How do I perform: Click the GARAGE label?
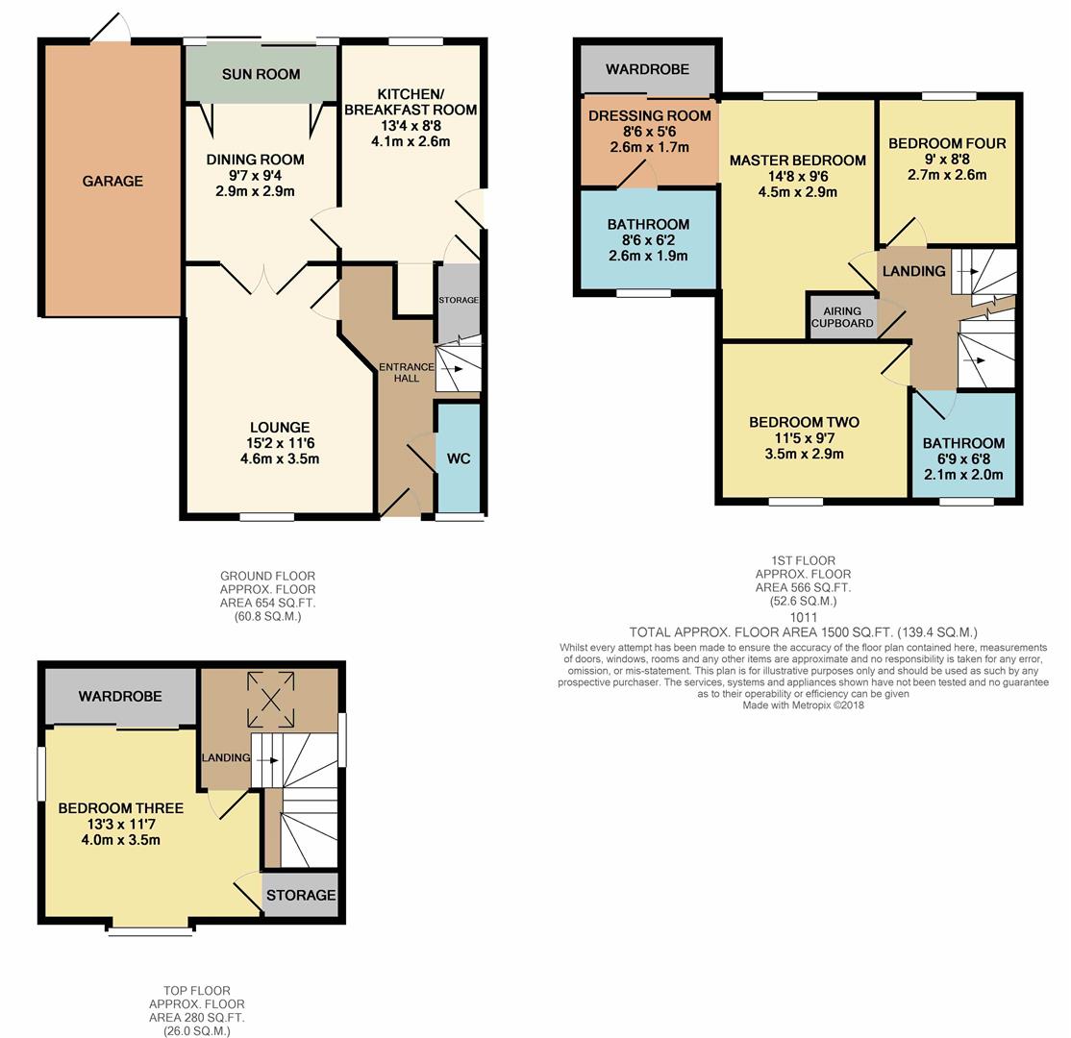point(112,181)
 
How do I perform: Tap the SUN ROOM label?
point(261,74)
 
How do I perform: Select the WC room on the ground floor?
point(459,457)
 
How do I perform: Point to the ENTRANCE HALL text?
point(407,372)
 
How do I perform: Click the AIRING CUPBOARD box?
point(842,317)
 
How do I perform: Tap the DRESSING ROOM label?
point(650,116)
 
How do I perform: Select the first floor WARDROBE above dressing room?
point(648,69)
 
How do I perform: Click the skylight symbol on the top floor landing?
point(271,700)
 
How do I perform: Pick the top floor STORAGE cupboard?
point(301,895)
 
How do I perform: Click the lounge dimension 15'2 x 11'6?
point(280,443)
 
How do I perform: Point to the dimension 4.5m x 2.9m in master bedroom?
point(798,192)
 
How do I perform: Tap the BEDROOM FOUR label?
point(947,143)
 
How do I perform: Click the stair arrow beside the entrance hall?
point(453,369)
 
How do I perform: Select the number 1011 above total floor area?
point(804,617)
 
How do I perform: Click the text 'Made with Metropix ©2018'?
point(804,705)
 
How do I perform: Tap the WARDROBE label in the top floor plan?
point(120,697)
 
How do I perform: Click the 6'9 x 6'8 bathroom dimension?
point(963,458)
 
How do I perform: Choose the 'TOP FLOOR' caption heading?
point(197,990)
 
